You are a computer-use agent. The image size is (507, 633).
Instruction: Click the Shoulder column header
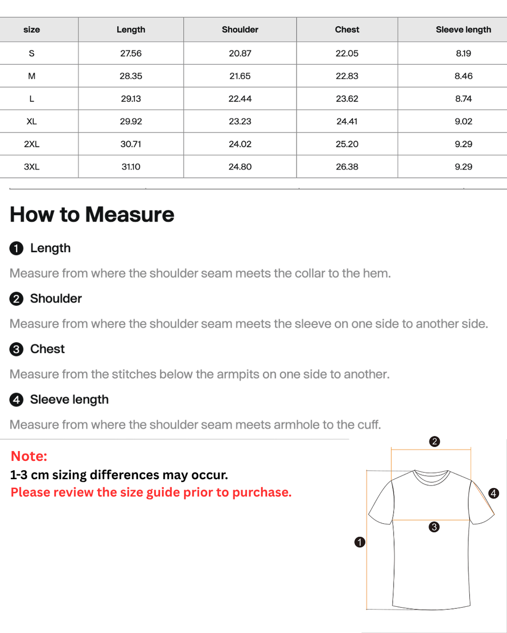tap(240, 29)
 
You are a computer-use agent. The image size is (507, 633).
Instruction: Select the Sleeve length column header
tap(463, 29)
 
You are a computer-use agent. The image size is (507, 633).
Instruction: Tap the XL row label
tap(32, 121)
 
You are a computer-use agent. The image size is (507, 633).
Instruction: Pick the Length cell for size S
tap(131, 53)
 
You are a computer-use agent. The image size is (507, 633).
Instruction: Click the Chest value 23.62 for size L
tap(347, 98)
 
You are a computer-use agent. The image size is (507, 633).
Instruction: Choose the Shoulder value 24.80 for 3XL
tap(240, 167)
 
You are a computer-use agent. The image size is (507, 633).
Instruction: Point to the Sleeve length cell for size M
tap(463, 76)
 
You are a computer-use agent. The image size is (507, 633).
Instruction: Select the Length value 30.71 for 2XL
tap(131, 144)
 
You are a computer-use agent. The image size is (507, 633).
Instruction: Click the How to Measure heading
tap(92, 215)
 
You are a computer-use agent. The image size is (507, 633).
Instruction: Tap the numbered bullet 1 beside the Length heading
tap(16, 248)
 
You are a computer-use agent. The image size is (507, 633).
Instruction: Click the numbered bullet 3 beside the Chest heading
tap(16, 349)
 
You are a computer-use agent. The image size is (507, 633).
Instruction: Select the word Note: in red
tap(29, 456)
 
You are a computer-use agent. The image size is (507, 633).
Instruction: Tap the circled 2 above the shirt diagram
tap(434, 442)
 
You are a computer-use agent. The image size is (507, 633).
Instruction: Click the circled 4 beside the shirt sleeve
tap(494, 493)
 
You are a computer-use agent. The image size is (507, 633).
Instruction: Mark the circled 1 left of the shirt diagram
tap(359, 542)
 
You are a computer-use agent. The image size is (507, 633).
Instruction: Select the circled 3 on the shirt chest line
tap(434, 527)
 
